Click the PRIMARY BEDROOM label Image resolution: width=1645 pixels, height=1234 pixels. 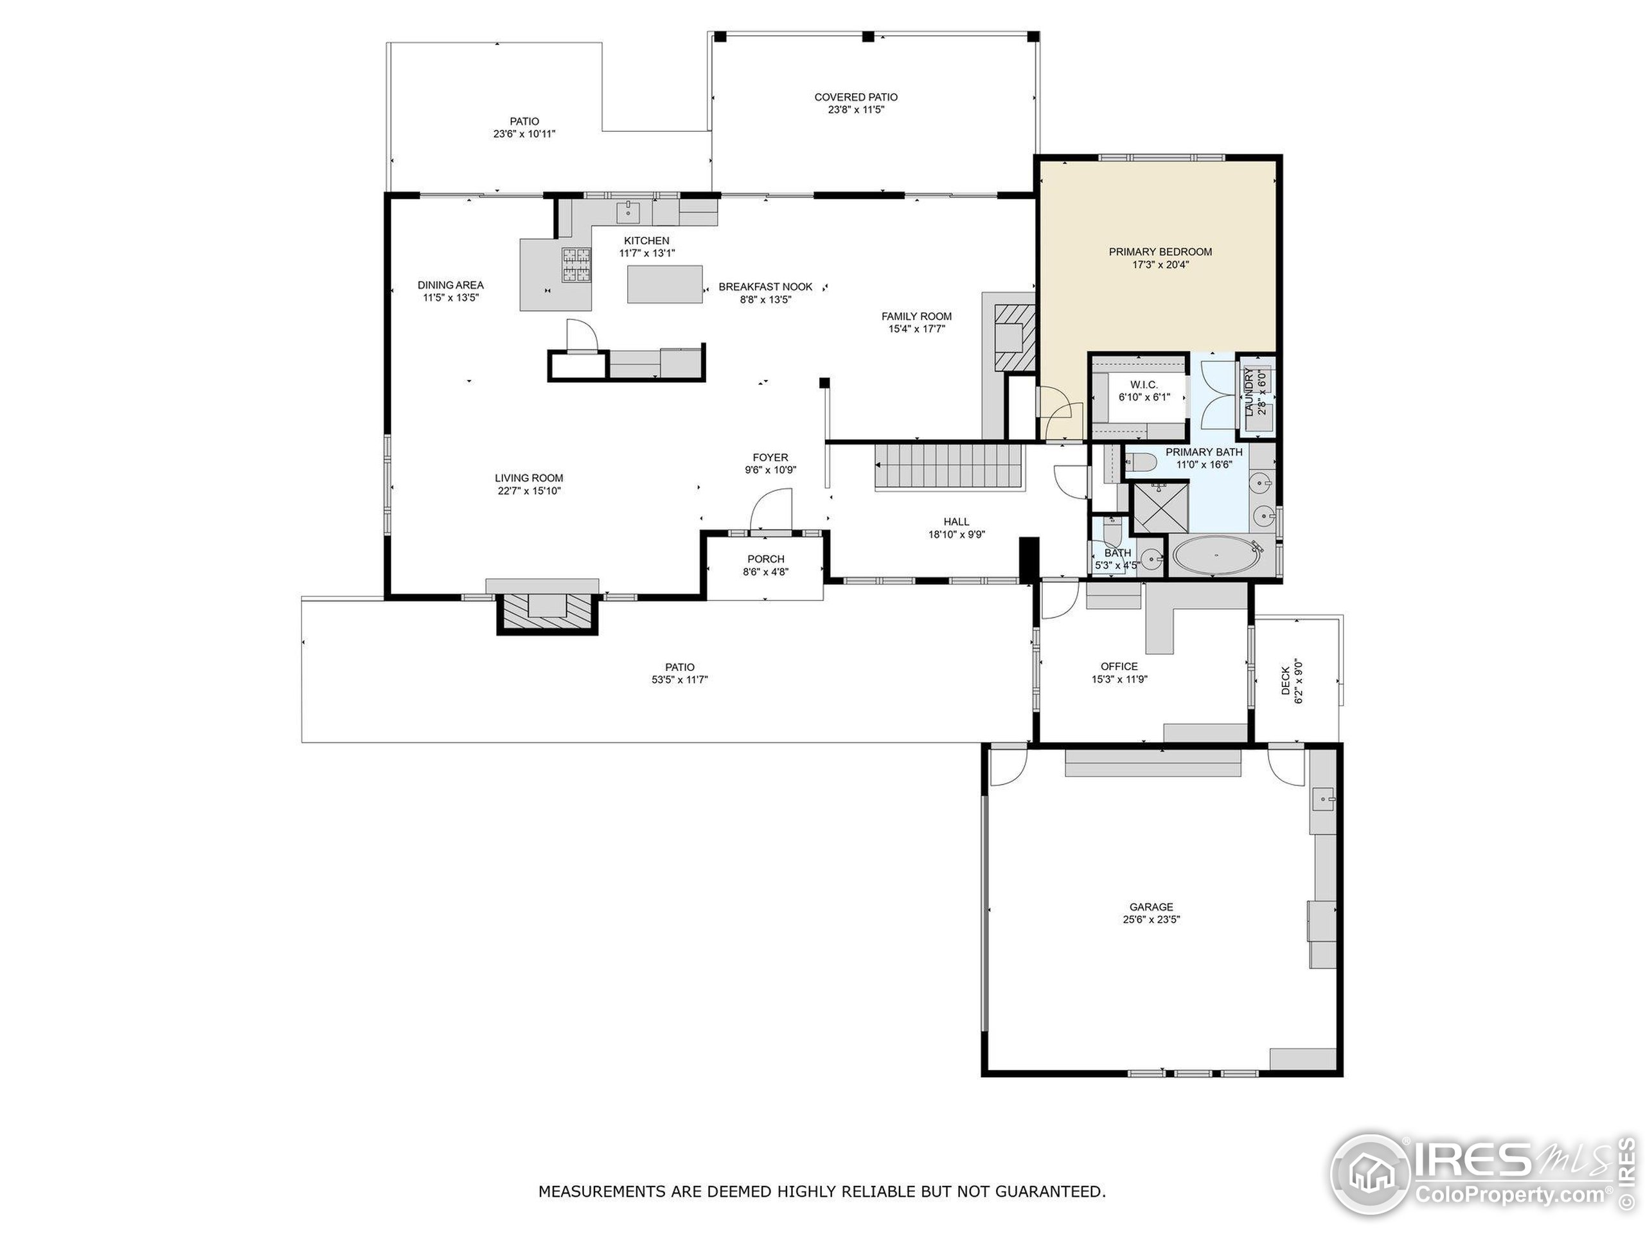pyautogui.click(x=1159, y=252)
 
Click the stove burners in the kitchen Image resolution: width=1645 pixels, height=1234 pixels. pyautogui.click(x=576, y=265)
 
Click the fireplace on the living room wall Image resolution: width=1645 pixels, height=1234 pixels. pyautogui.click(x=547, y=609)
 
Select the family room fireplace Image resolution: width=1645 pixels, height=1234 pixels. pyautogui.click(x=1012, y=339)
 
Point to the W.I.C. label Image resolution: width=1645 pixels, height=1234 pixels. pyautogui.click(x=1143, y=384)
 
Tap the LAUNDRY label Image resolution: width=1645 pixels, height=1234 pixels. pyautogui.click(x=1249, y=393)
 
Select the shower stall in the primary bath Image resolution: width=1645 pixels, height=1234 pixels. pyautogui.click(x=1159, y=507)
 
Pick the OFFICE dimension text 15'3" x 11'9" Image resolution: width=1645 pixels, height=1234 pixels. pyautogui.click(x=1119, y=679)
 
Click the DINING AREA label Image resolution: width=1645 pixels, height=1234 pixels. pyautogui.click(x=450, y=285)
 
